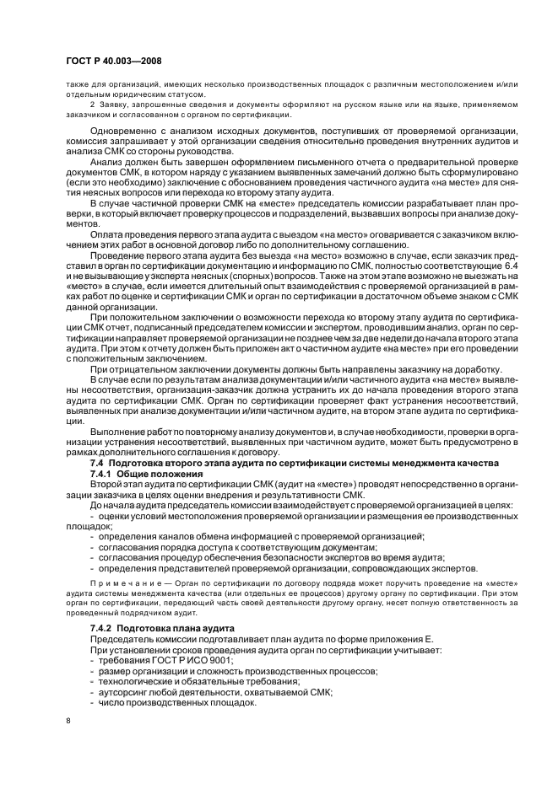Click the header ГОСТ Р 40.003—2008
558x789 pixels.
[x=113, y=62]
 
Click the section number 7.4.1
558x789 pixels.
[x=104, y=475]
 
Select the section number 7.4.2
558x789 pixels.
[x=104, y=629]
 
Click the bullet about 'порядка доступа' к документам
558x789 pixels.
[x=228, y=547]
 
